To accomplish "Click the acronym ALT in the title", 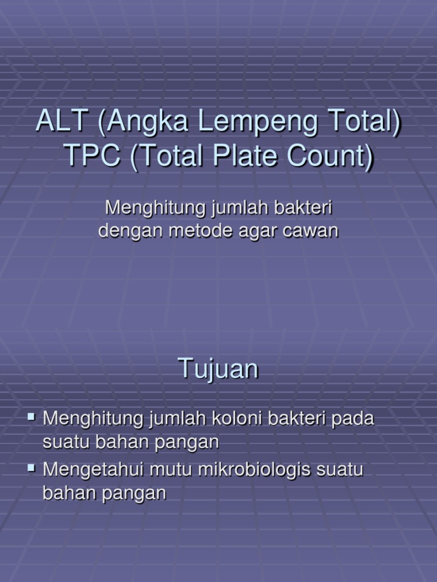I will pyautogui.click(x=61, y=122).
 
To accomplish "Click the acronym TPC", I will pyautogui.click(x=90, y=156).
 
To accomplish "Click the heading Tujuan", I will pyautogui.click(x=218, y=370).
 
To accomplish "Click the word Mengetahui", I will pyautogui.click(x=92, y=471).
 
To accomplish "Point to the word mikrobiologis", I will pyautogui.click(x=252, y=471).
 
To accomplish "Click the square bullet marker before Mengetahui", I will pyautogui.click(x=31, y=469).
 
